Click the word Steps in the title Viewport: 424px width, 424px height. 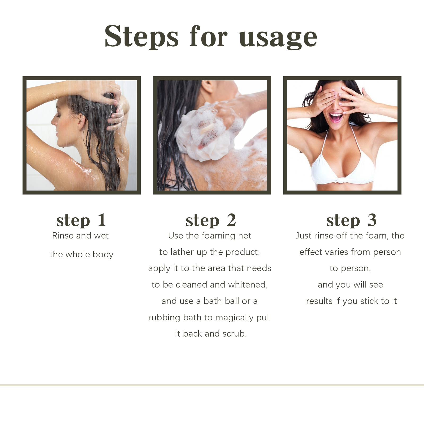click(x=142, y=37)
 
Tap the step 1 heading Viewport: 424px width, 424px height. click(x=81, y=220)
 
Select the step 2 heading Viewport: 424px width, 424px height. click(x=211, y=220)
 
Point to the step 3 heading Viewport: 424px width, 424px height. click(x=351, y=220)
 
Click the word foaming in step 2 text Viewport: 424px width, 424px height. click(x=218, y=236)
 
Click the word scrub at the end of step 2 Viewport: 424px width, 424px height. click(x=234, y=334)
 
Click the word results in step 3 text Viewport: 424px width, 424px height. click(x=319, y=301)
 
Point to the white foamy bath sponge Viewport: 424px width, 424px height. click(x=204, y=132)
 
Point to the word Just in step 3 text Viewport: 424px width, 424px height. click(x=303, y=236)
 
